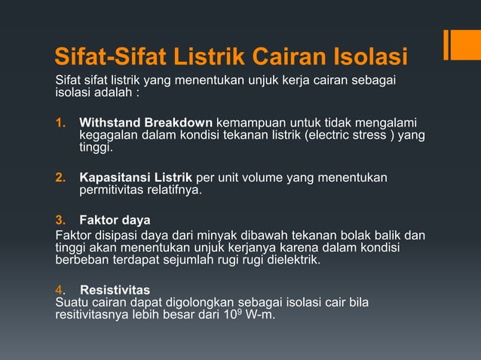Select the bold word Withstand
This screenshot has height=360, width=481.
click(x=109, y=123)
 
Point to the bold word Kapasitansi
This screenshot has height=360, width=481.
click(x=113, y=178)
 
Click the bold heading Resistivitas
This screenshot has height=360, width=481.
click(x=115, y=290)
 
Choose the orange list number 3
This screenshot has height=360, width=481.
click(x=60, y=221)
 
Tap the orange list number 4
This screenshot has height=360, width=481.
click(x=59, y=290)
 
